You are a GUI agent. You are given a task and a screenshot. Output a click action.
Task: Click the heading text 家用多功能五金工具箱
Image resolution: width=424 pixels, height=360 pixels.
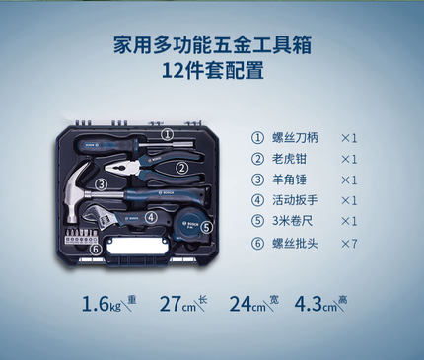coord(211,46)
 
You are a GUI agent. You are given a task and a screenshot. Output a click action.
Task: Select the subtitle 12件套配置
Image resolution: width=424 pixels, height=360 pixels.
coord(211,71)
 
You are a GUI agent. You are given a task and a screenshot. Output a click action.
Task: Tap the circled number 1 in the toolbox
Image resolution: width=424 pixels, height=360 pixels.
coord(167,134)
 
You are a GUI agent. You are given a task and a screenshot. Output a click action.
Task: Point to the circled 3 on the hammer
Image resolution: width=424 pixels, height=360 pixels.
coord(102,182)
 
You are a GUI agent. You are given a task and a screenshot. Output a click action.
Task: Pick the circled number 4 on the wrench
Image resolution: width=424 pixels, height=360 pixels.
coord(151,217)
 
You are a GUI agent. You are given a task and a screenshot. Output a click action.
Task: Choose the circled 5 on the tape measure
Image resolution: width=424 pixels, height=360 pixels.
coord(205,226)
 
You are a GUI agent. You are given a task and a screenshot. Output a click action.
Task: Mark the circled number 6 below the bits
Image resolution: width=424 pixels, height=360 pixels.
coord(96,249)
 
